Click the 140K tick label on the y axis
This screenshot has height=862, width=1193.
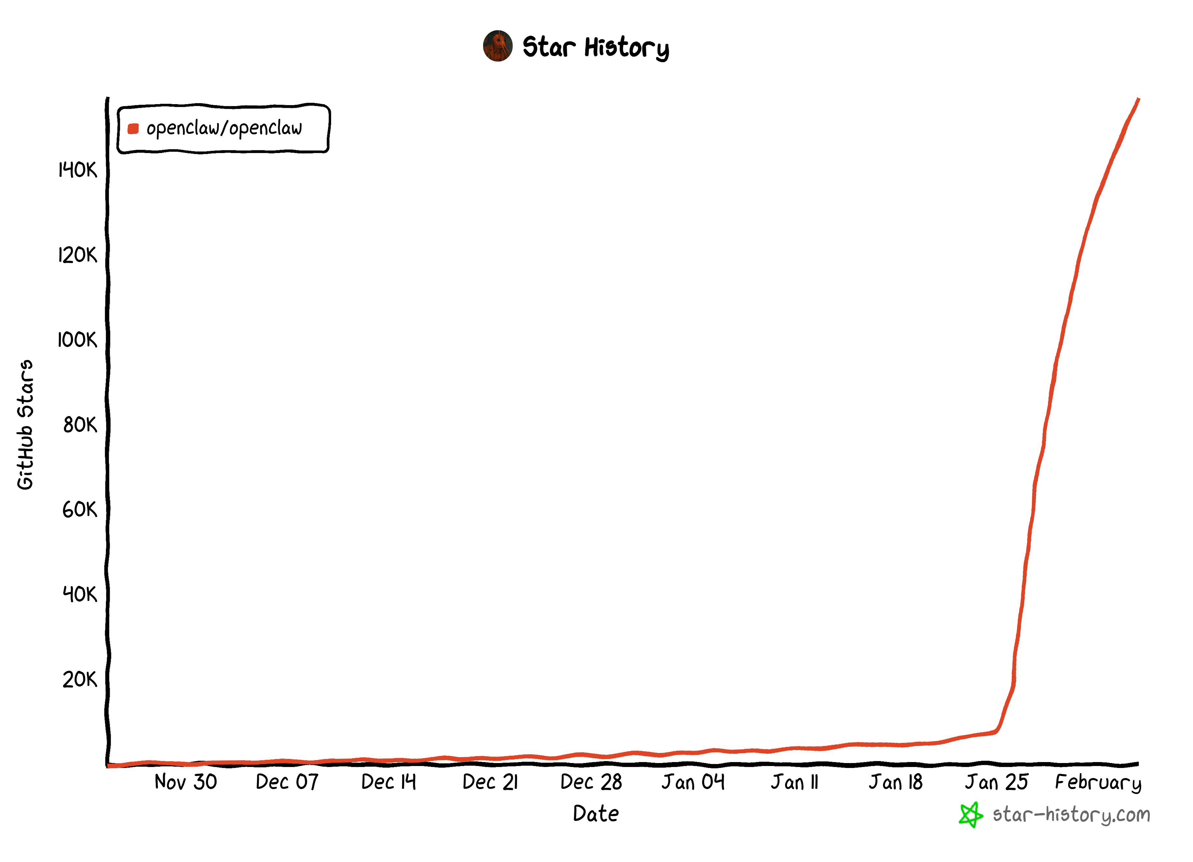(78, 170)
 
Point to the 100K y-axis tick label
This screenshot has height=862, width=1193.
(78, 340)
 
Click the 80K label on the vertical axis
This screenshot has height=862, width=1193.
(80, 425)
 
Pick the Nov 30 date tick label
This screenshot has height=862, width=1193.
(186, 782)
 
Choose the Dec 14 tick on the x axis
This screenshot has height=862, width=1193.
(389, 782)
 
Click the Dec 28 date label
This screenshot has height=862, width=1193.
(591, 782)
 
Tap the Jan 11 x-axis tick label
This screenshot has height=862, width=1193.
(795, 782)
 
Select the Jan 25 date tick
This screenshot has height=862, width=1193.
(996, 782)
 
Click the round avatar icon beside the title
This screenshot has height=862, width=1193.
(498, 46)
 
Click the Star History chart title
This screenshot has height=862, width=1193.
(596, 47)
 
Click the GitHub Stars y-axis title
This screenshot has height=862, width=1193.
(25, 425)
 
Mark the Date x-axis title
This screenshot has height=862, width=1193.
(596, 813)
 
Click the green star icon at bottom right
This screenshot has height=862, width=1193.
(971, 815)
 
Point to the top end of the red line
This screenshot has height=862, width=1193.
(1138, 99)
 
